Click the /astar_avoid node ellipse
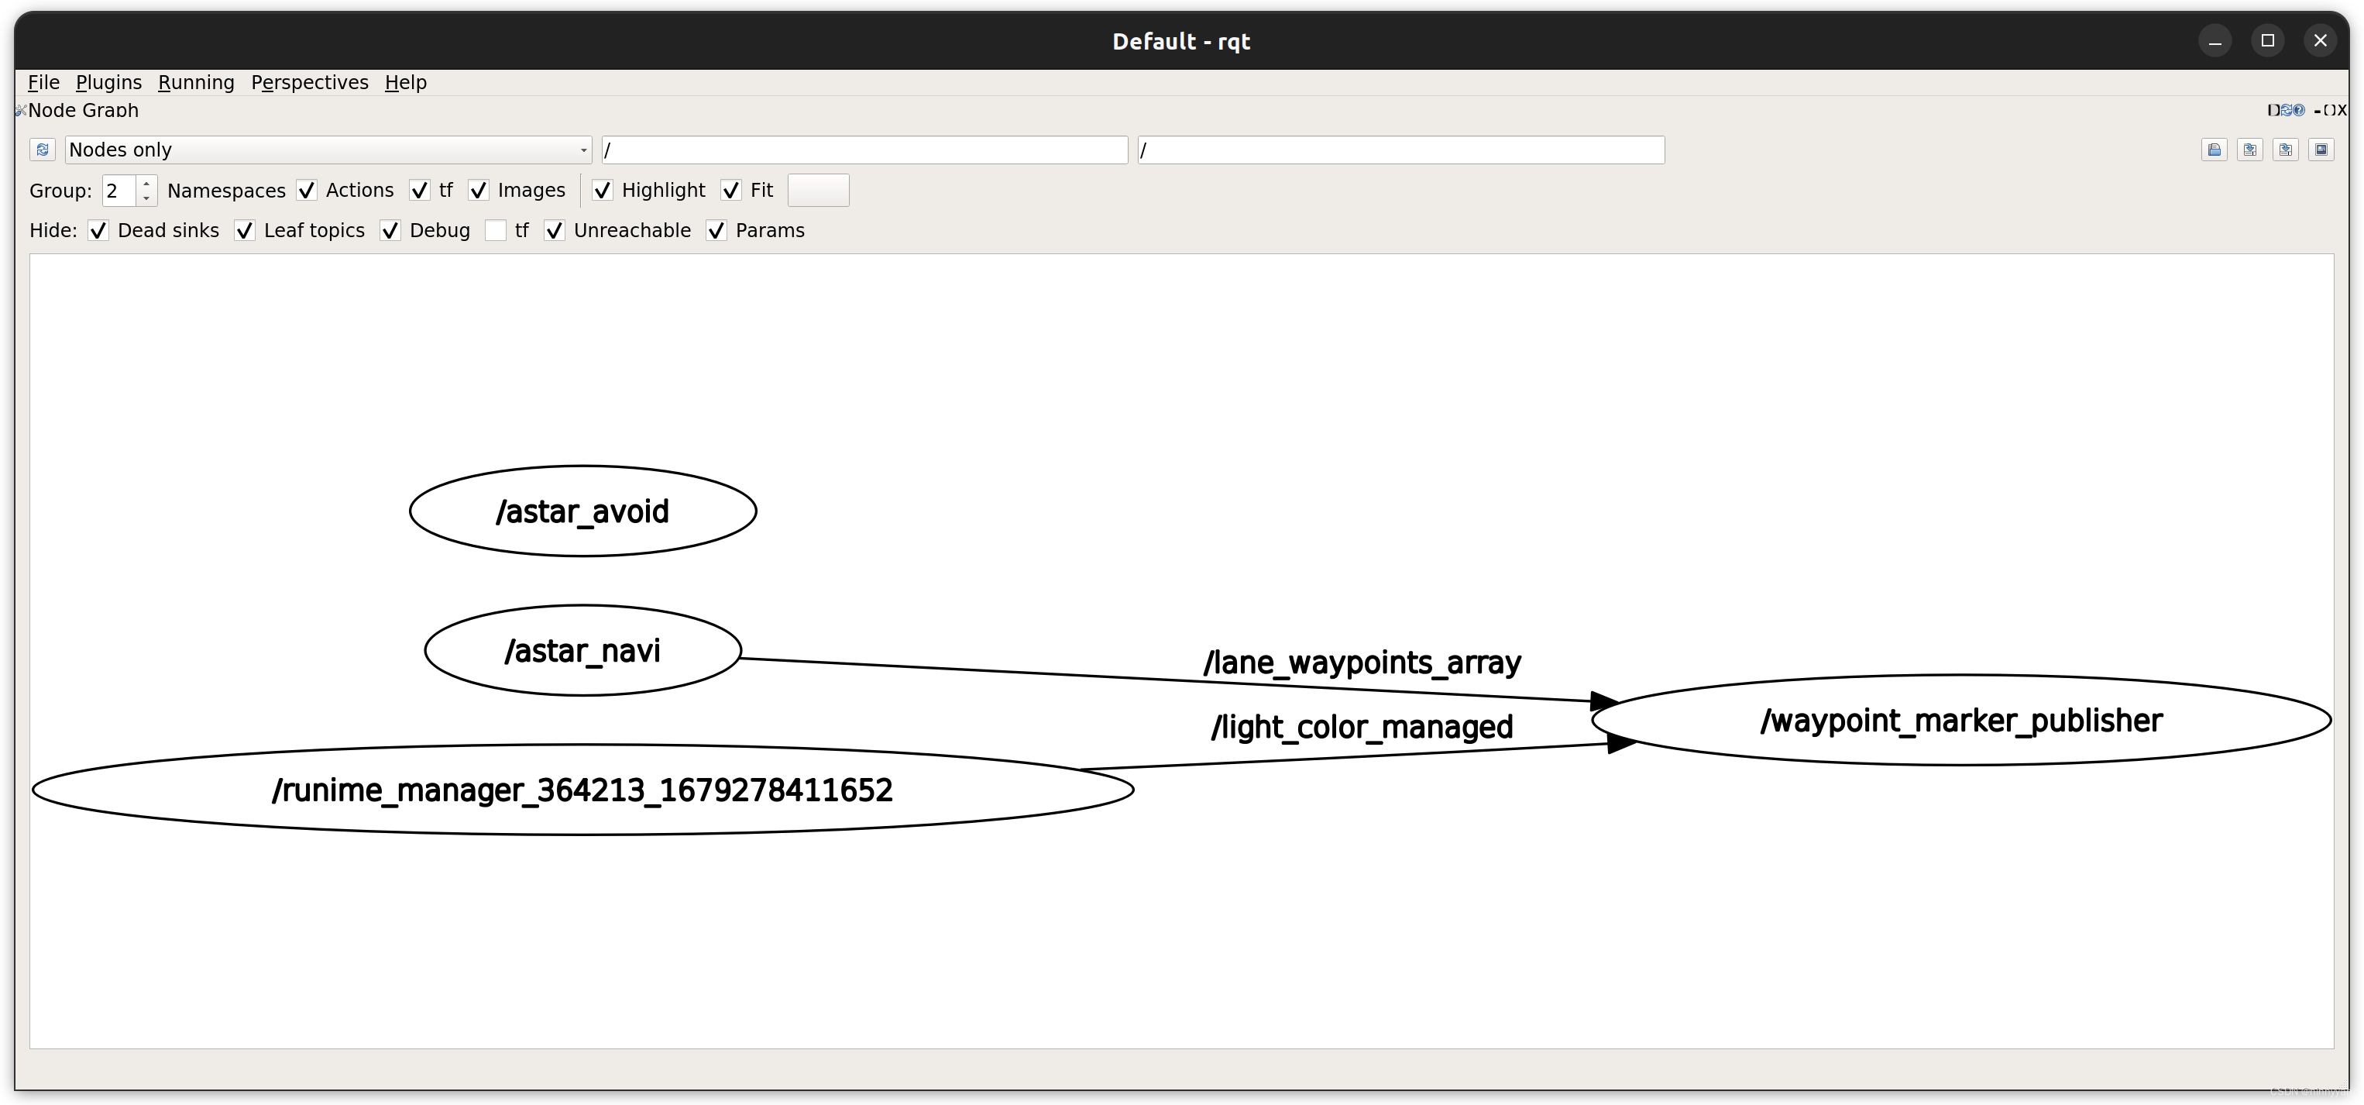coord(582,511)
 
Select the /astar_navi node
coord(582,651)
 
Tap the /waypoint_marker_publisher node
coord(1961,721)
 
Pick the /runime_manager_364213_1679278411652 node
coord(582,790)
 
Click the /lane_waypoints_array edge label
coord(1362,663)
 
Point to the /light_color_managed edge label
coord(1362,728)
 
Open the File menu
coord(43,83)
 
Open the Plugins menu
coord(108,83)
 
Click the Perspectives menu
coord(309,83)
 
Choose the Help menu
coord(406,83)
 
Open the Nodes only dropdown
coord(328,150)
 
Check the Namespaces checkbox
coord(307,191)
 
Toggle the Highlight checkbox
coord(603,191)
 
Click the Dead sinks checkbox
coord(98,231)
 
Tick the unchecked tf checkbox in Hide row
coord(496,231)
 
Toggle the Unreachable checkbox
coord(555,231)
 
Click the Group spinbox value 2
coord(119,191)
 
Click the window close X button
coord(2321,40)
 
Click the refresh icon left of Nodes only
coord(42,150)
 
